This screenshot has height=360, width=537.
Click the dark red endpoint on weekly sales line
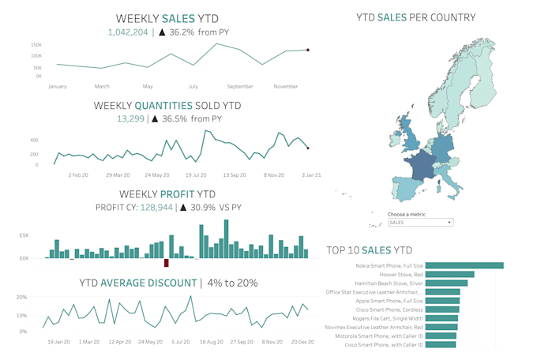[x=308, y=50]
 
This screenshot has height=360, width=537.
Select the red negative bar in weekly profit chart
[x=166, y=263]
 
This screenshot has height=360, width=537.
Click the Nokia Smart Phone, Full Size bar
[x=466, y=265]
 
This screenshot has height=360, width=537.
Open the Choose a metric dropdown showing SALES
[x=420, y=223]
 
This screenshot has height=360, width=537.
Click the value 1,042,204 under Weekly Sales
[x=128, y=32]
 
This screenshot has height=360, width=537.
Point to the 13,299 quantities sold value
[x=130, y=118]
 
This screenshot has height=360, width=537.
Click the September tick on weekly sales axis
[x=239, y=86]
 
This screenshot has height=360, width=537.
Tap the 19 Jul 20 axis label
[x=196, y=174]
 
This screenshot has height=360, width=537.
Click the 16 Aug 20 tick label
[x=212, y=342]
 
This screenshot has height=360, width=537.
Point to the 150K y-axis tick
[x=36, y=45]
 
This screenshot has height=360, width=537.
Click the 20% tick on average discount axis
[x=22, y=298]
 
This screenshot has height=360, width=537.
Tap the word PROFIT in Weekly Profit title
[x=178, y=193]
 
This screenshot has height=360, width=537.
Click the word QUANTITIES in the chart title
[x=165, y=105]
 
